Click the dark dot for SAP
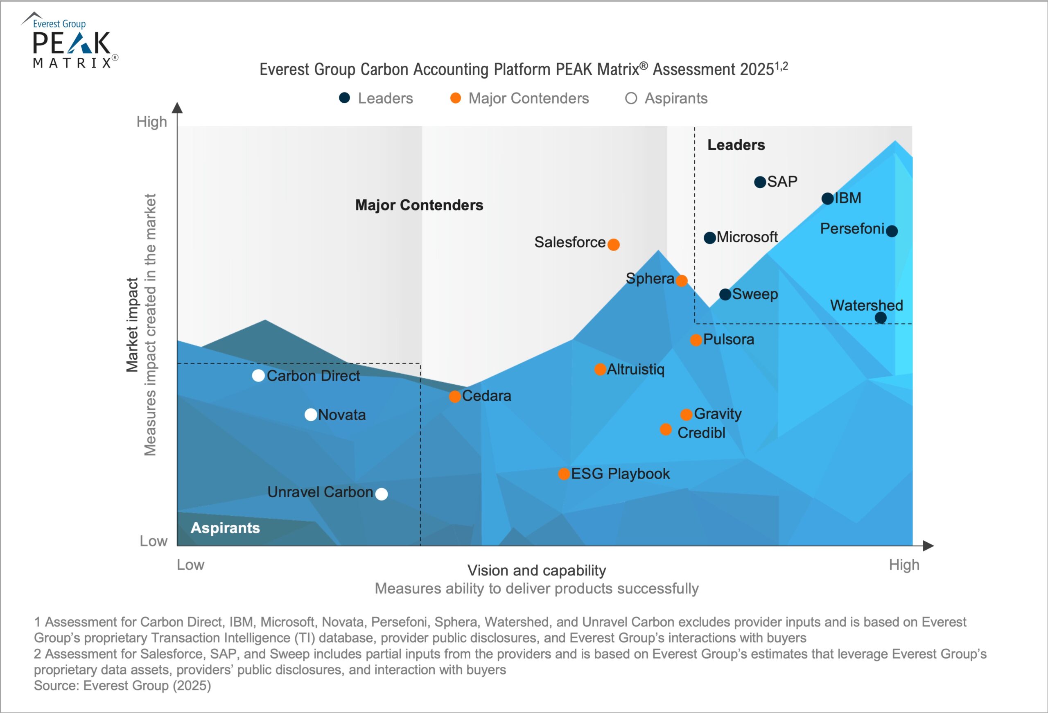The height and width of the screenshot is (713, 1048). click(x=760, y=182)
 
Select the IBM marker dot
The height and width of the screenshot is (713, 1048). click(x=827, y=199)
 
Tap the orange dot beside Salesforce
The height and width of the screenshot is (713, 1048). click(x=613, y=244)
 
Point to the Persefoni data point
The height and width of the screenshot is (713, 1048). click(x=892, y=231)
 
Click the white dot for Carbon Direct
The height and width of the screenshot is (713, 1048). click(x=258, y=376)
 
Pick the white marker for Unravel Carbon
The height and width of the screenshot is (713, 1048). click(x=382, y=494)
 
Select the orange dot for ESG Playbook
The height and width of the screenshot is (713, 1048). click(x=564, y=474)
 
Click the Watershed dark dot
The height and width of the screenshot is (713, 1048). click(x=880, y=318)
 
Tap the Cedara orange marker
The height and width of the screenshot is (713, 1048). click(x=454, y=397)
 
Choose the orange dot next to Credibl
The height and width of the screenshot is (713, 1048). click(x=666, y=429)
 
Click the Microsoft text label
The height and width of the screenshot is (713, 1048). click(x=747, y=237)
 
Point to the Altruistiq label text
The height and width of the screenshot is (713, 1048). click(x=635, y=369)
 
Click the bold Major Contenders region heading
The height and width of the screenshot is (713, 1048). click(x=419, y=205)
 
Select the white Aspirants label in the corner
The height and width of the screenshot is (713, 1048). click(x=225, y=528)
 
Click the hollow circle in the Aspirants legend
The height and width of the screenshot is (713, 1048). click(x=631, y=98)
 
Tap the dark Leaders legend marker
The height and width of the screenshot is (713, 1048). click(x=345, y=98)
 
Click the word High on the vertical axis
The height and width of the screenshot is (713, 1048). click(x=151, y=122)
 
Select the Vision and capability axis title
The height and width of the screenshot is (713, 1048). click(x=537, y=571)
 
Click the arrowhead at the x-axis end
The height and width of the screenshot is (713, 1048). click(x=928, y=546)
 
